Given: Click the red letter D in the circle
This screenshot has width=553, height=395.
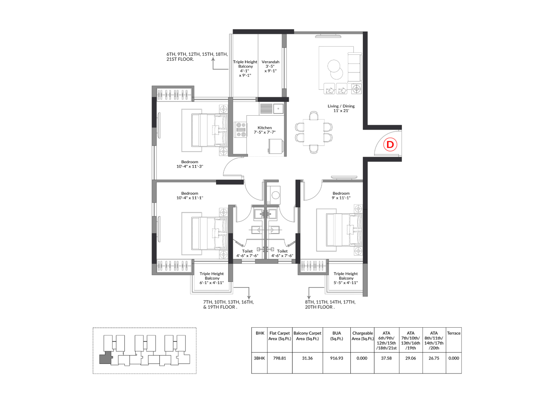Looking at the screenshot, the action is (390, 145).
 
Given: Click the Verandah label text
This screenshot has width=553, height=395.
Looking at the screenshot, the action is (270, 62).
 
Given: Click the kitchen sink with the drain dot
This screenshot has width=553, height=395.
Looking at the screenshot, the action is (278, 108).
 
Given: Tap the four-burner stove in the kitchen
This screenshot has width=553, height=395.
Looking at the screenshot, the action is (241, 130).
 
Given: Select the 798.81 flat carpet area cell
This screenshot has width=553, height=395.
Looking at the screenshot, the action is (280, 358).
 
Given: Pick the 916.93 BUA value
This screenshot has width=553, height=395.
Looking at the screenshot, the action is (337, 358).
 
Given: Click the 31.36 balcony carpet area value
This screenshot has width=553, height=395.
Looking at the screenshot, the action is (307, 358).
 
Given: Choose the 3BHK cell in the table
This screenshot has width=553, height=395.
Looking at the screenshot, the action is (259, 358).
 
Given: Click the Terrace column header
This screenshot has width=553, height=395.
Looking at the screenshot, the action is (454, 333).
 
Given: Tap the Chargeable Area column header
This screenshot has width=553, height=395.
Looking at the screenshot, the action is (362, 336).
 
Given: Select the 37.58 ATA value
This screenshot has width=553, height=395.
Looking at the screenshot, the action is (386, 358).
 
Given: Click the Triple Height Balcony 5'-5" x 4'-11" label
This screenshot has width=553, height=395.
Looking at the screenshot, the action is (346, 278).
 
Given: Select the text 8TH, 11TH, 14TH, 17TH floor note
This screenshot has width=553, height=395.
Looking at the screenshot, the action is (331, 302).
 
